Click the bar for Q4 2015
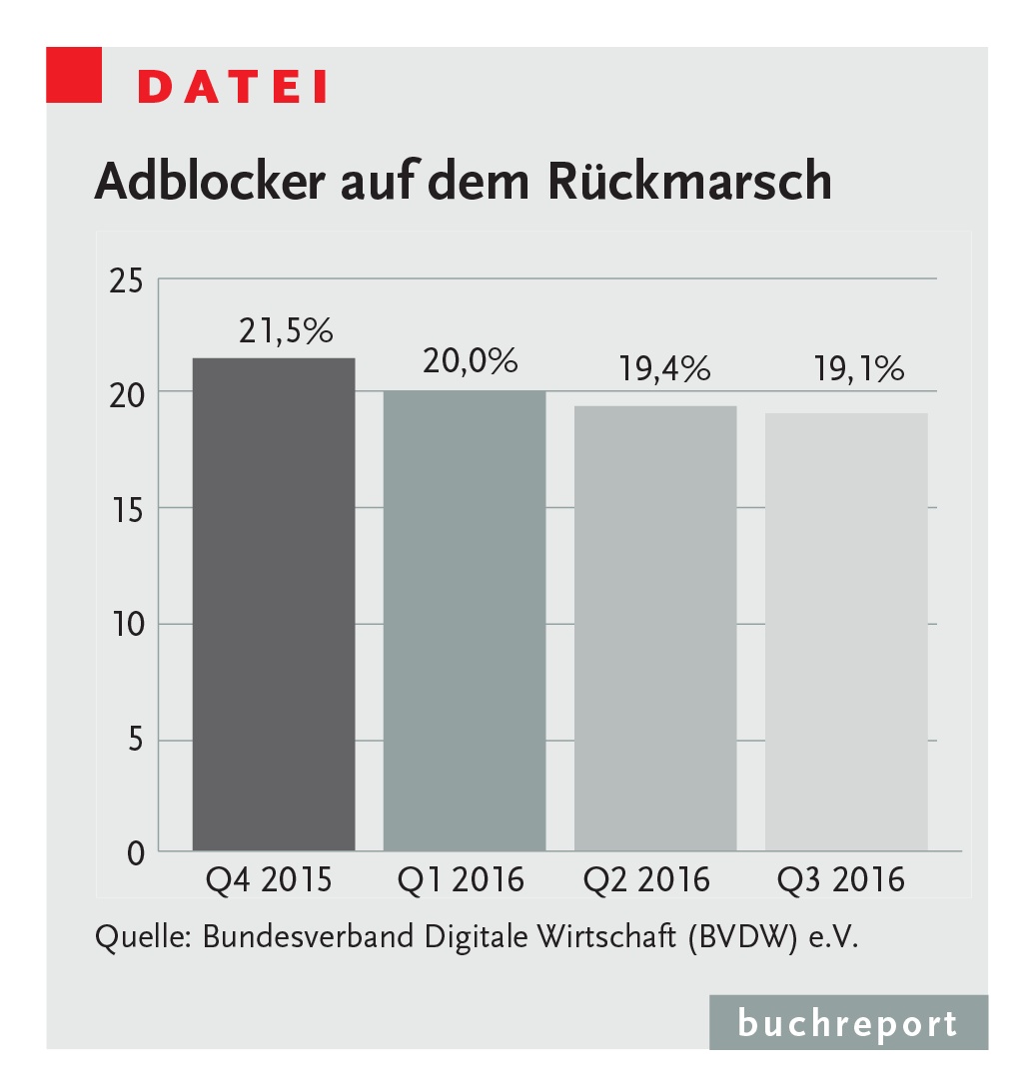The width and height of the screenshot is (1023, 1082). click(273, 604)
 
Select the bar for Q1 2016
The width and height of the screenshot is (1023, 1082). click(465, 620)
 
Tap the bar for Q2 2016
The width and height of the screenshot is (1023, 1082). click(655, 628)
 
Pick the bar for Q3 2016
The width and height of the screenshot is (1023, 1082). click(846, 631)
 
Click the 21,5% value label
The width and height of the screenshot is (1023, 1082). click(286, 331)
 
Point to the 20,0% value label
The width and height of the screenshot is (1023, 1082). click(471, 361)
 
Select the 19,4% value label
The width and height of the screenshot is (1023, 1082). click(663, 370)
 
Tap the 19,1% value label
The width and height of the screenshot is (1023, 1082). click(856, 370)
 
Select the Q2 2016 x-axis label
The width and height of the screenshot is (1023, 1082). click(646, 880)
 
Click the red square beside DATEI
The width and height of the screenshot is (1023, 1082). click(74, 74)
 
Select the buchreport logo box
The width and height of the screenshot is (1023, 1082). click(848, 1022)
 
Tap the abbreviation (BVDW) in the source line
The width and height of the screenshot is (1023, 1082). click(741, 938)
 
